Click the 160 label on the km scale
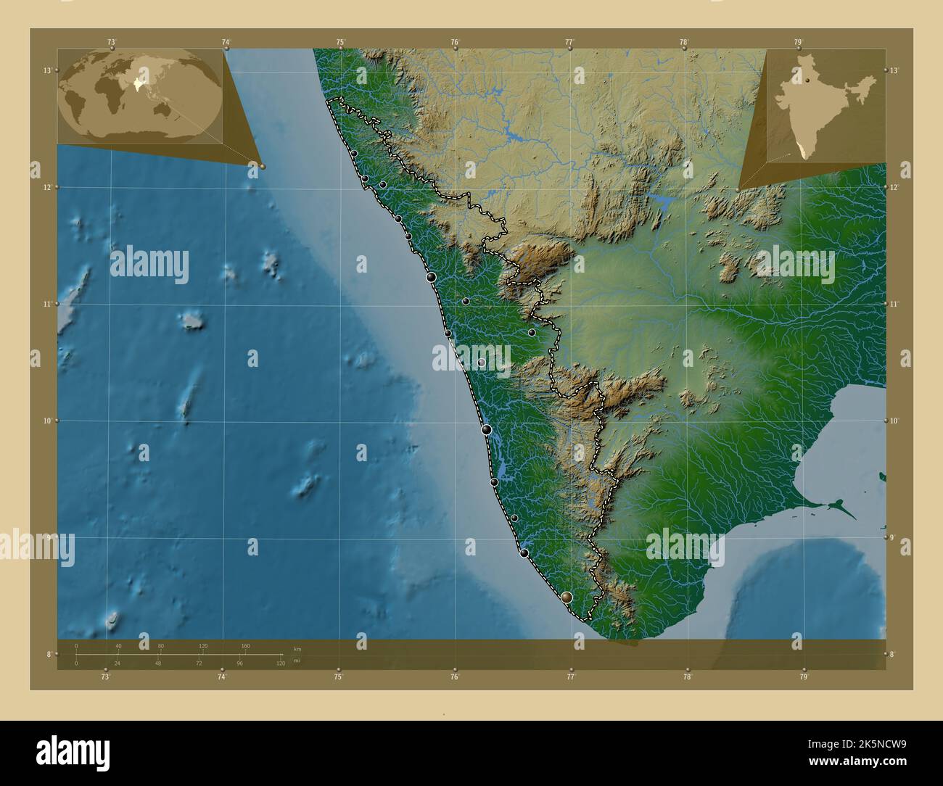(x=245, y=645)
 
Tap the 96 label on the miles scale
(x=239, y=663)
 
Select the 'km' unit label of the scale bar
(x=297, y=648)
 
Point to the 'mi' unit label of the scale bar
(x=297, y=661)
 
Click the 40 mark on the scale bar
(x=118, y=645)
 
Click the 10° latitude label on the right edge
(x=894, y=421)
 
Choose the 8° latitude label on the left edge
(x=49, y=654)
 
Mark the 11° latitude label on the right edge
(x=894, y=304)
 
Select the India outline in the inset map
(x=827, y=102)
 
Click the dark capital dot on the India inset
(x=806, y=82)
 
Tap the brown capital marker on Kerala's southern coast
(x=567, y=597)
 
